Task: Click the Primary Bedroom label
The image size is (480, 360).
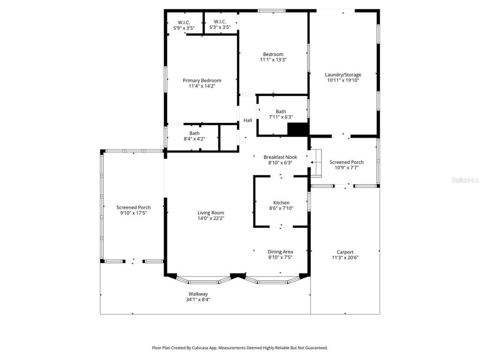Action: click(202, 81)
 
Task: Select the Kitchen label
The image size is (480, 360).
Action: click(281, 202)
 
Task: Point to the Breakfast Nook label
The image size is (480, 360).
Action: click(280, 157)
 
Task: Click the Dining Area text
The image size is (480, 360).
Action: click(280, 252)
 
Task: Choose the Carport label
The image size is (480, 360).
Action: click(345, 252)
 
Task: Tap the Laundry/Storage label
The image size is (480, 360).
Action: click(343, 75)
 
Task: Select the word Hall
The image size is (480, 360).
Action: click(247, 120)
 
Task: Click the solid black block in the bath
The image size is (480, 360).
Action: click(297, 129)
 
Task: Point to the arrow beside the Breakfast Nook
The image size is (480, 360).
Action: click(312, 162)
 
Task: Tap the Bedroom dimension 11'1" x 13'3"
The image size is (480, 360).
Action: click(273, 60)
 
